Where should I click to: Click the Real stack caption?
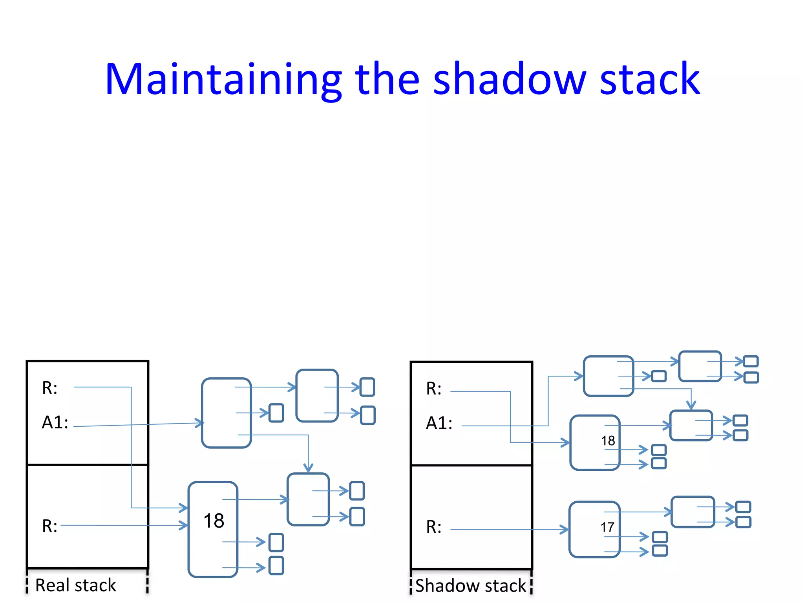coord(75,585)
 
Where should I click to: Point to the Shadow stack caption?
coord(470,586)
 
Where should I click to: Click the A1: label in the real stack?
coord(55,422)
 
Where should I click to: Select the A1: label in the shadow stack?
coord(439,423)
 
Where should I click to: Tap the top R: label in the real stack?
coord(49,388)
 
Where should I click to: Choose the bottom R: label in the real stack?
coord(49,526)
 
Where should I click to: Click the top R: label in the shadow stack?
coord(434,389)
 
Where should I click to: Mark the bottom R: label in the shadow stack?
coord(434,527)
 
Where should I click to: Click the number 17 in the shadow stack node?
coord(607,527)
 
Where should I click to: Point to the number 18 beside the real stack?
coord(214,521)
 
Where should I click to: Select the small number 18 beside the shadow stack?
coord(608,440)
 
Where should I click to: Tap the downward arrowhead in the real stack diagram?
coord(308,468)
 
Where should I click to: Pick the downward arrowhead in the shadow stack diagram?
coord(691,406)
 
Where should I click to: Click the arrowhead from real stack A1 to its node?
coord(200,423)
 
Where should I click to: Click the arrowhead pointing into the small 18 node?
coord(565,443)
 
